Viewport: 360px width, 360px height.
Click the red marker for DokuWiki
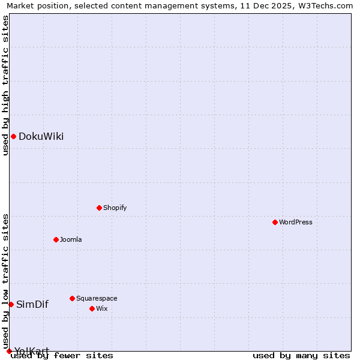13,136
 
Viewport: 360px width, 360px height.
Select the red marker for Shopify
99,208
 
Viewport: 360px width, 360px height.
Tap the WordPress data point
275,222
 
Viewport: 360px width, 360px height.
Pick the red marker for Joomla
56,239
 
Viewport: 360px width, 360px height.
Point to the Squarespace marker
72,298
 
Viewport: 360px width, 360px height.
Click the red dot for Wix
92,308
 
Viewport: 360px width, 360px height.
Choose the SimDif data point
11,304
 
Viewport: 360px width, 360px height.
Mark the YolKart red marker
9,351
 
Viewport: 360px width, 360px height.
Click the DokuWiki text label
41,136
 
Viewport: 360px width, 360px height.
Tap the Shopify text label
115,208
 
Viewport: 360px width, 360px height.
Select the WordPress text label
296,222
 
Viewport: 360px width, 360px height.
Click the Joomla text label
71,239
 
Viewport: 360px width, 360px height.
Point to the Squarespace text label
97,298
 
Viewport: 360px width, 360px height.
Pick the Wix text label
101,308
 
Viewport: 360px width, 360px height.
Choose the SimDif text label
32,304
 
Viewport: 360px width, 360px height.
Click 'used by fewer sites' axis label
62,355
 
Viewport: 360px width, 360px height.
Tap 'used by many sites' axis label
301,355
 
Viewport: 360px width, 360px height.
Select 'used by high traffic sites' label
5,85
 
